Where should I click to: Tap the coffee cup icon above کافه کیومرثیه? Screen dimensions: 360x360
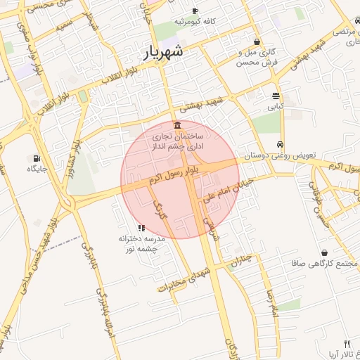tap(195, 11)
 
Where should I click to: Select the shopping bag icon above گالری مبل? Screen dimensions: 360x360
tap(257, 41)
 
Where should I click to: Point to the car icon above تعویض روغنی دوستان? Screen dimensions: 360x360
tap(281, 143)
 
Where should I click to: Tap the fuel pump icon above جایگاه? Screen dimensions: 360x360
tap(36, 158)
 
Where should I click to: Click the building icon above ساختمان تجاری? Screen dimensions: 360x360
tap(176, 125)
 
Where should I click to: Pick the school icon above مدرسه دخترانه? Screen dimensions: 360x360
tap(141, 228)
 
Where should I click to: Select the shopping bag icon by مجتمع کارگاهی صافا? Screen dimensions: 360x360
tap(324, 253)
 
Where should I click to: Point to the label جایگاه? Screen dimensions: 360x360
tap(37, 169)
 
